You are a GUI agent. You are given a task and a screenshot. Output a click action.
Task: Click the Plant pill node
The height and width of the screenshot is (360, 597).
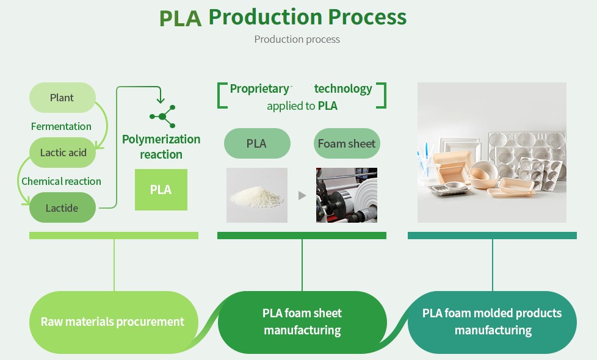[x=62, y=98]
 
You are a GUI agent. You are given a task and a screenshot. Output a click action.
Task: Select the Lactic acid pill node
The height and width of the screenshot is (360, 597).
[x=63, y=153]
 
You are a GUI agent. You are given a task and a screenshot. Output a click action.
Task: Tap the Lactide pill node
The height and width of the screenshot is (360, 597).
[x=62, y=207]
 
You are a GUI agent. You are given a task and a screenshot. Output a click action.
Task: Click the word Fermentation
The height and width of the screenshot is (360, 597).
[x=61, y=126]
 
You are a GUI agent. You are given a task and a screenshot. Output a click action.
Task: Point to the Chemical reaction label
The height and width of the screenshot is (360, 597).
[x=61, y=181]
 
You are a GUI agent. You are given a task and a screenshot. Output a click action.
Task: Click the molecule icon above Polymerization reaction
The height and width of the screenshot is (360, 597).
[x=162, y=116]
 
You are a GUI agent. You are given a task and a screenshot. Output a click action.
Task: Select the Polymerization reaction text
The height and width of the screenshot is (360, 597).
[x=161, y=146]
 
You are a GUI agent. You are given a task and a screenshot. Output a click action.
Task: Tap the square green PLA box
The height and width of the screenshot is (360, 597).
[x=161, y=190]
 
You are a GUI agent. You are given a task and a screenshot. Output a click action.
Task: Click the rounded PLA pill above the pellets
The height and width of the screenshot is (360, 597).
[x=256, y=144]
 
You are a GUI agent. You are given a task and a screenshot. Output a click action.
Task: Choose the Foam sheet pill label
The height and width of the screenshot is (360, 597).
[x=347, y=144]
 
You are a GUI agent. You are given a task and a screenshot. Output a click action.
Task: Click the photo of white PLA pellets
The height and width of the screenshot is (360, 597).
[x=256, y=195]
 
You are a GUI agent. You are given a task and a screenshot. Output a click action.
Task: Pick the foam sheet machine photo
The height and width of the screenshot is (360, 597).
[x=346, y=195]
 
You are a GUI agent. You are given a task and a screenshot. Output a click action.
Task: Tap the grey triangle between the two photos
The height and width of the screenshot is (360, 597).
[x=302, y=196]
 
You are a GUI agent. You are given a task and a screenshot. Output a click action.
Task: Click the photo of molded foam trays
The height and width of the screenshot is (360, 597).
[x=491, y=153]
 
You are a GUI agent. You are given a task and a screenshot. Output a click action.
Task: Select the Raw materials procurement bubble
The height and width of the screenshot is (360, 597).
[x=112, y=322]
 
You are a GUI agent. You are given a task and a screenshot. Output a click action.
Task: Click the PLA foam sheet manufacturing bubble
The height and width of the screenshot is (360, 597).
[x=302, y=322]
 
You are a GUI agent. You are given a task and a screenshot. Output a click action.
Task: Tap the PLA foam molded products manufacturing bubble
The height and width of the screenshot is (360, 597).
[x=492, y=322]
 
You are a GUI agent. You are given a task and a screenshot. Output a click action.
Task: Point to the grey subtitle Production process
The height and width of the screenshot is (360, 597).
[x=297, y=39]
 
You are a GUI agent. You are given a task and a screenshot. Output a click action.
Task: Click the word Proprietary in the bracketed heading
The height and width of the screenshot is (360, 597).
[x=259, y=88]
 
